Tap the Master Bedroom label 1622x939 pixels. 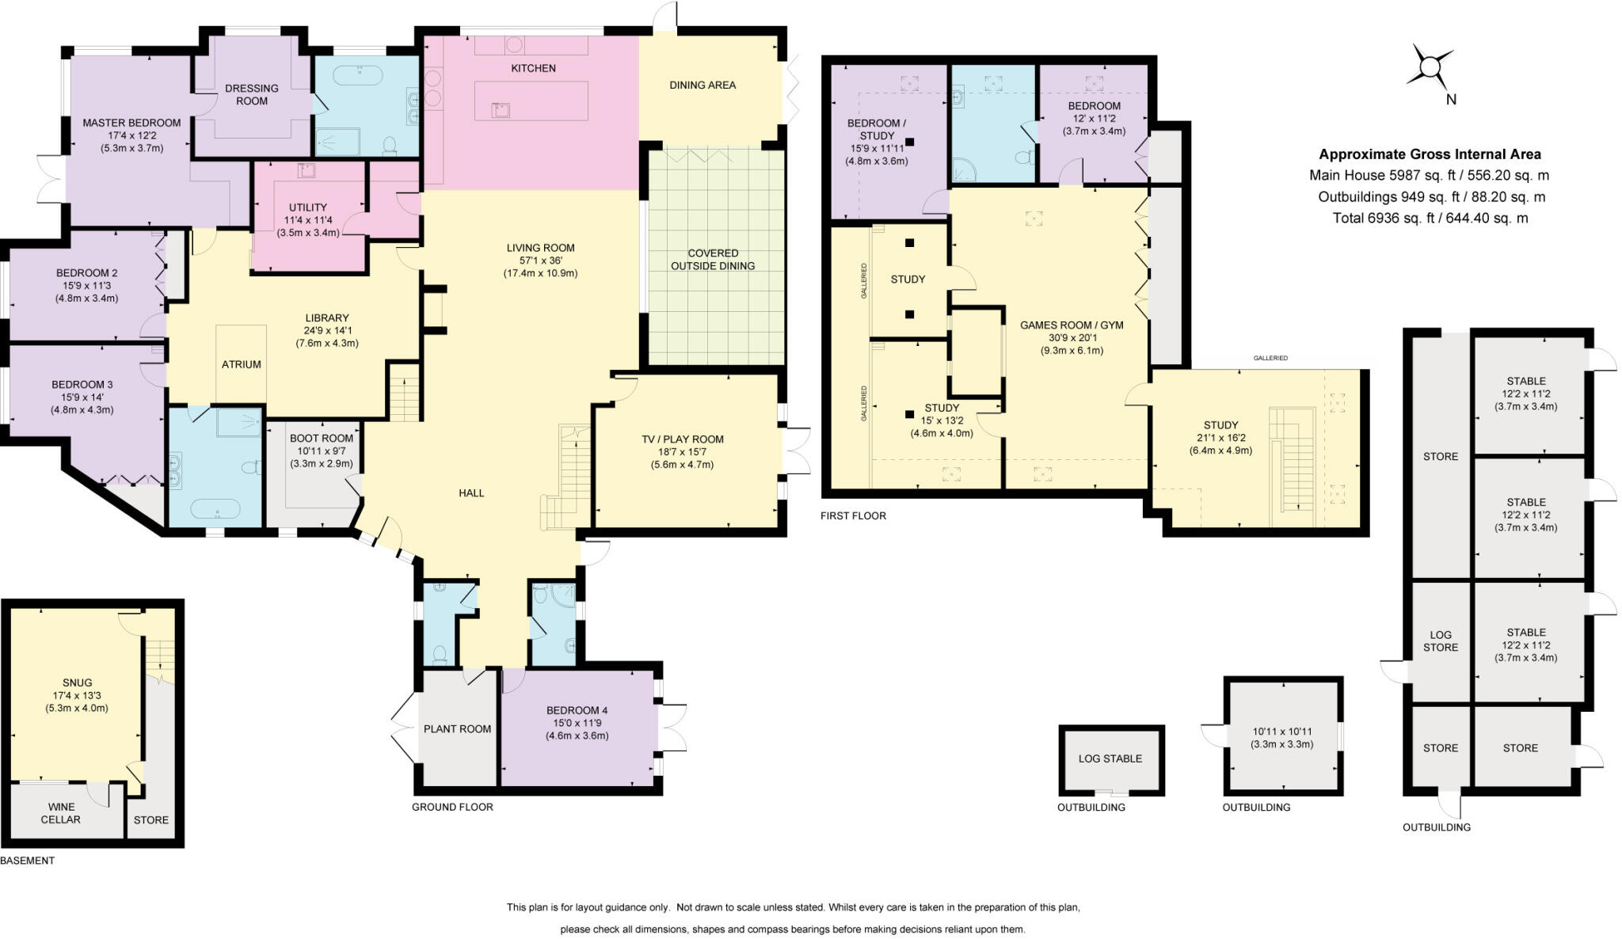click(x=131, y=123)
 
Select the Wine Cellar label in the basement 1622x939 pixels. click(x=60, y=813)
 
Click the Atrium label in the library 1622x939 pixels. click(x=241, y=364)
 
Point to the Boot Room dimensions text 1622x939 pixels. click(x=321, y=457)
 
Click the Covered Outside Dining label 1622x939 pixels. click(x=712, y=260)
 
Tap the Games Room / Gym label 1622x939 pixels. click(x=1071, y=325)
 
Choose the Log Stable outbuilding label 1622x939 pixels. click(x=1110, y=758)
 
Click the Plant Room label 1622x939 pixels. click(x=457, y=728)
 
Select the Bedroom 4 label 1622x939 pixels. click(x=577, y=710)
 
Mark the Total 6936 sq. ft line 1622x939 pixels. click(x=1430, y=218)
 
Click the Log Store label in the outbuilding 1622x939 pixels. click(x=1440, y=641)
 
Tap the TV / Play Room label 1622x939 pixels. click(x=682, y=439)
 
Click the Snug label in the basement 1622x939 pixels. click(x=77, y=682)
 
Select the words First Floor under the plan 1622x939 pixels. click(x=853, y=515)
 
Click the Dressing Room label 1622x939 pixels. click(x=251, y=94)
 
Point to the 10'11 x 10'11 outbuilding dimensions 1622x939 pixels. click(x=1281, y=738)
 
